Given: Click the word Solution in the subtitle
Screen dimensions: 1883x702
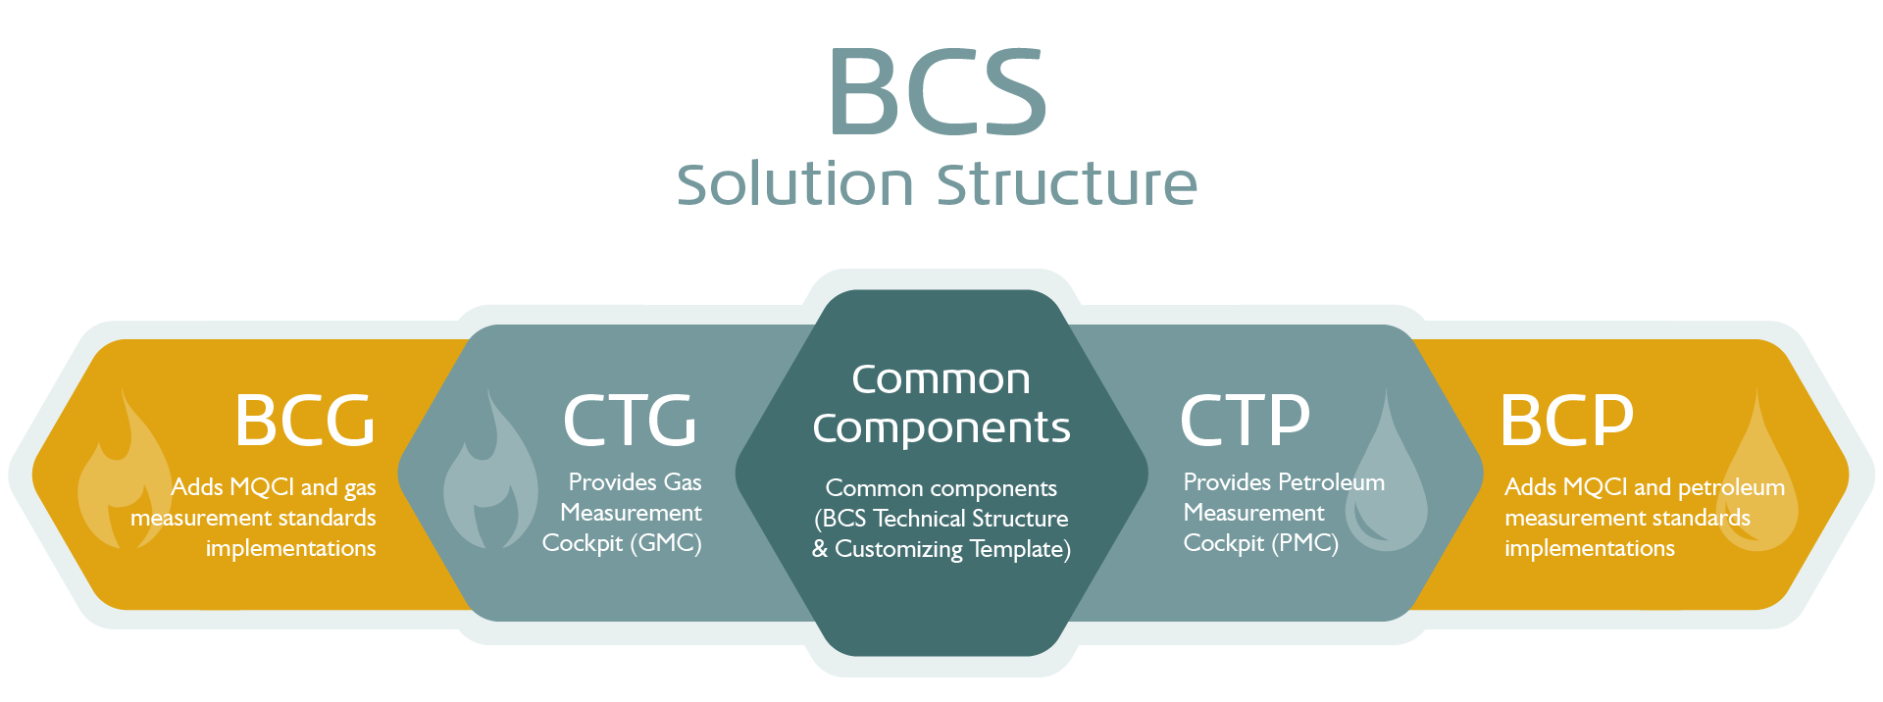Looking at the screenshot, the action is tap(795, 183).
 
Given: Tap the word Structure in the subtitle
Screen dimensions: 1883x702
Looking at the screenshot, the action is tap(1067, 183).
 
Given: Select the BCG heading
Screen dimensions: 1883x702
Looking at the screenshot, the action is tap(305, 420).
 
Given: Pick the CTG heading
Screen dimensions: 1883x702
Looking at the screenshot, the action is tap(630, 420).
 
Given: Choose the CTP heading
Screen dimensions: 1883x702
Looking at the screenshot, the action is tap(1245, 420).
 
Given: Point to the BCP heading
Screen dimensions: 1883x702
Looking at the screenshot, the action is tap(1566, 420).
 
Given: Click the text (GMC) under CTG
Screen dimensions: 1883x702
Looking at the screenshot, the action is tap(667, 543).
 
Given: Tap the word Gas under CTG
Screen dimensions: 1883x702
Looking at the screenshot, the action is tap(683, 482).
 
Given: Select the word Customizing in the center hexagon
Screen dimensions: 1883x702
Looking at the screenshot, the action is tap(898, 549).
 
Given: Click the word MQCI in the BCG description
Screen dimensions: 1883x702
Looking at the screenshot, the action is tap(262, 487).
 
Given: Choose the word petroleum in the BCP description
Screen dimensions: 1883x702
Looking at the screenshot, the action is tap(1731, 488).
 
